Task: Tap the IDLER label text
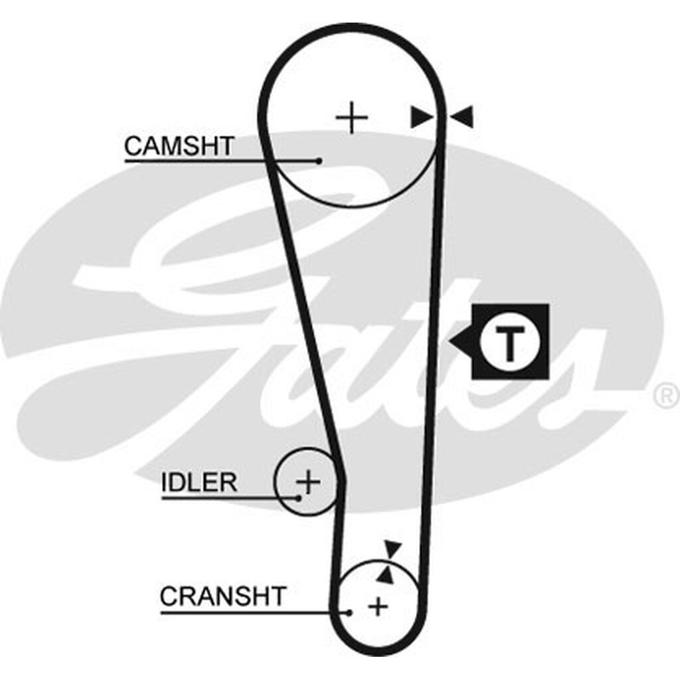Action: coord(199,482)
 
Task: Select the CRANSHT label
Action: coord(223,596)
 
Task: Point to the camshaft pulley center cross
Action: coord(352,118)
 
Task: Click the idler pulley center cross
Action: coord(308,481)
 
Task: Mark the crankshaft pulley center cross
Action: coord(378,606)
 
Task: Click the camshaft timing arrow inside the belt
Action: coord(422,117)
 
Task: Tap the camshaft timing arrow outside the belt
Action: coord(461,117)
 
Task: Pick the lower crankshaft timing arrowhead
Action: coord(386,574)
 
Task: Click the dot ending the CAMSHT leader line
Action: coord(319,161)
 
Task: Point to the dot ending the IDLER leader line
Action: coord(298,498)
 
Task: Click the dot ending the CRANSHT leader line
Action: coord(349,612)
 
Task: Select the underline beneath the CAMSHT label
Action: coord(222,161)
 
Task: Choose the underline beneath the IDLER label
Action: coord(230,498)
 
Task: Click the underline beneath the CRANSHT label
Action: coord(254,612)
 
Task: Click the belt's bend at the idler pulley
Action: coord(341,481)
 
